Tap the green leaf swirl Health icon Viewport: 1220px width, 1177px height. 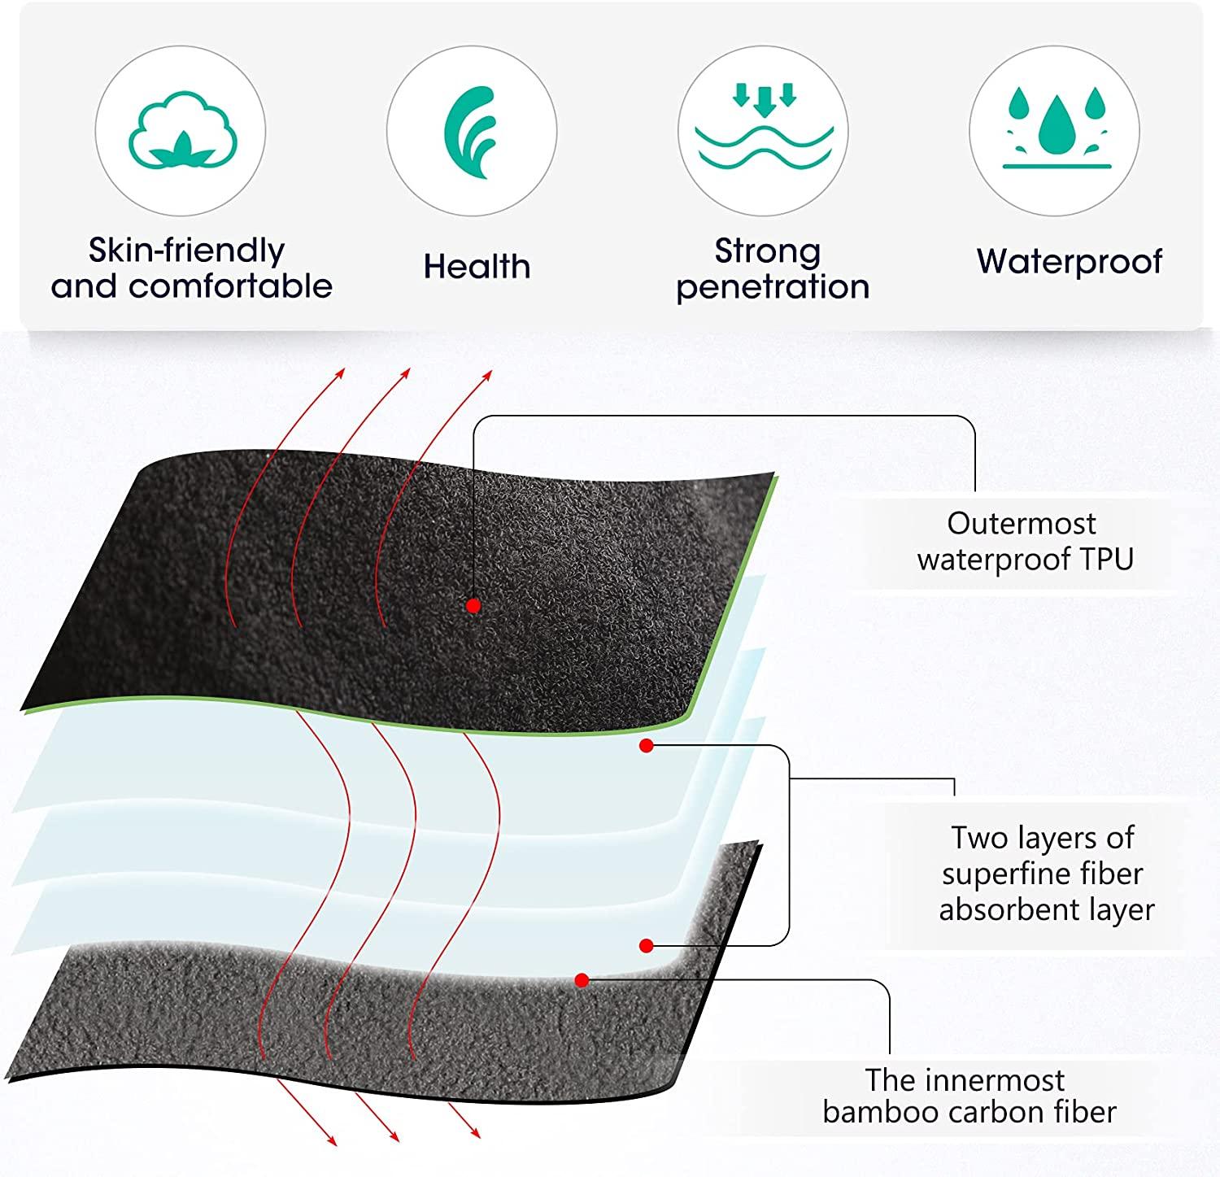pos(471,131)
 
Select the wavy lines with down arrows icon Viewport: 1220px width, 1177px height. pos(763,130)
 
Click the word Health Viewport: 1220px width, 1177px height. pos(477,267)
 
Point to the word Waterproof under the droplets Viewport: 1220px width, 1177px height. pos(1070,262)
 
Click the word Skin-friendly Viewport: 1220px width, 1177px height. pos(186,251)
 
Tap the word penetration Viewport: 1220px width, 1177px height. pos(773,286)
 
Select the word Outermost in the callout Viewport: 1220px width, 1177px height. pos(1022,523)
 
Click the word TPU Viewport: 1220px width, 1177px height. pos(1106,560)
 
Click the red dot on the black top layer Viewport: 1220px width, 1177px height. pos(473,605)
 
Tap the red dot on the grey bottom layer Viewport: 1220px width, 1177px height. pos(582,980)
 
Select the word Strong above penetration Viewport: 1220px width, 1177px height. pos(768,251)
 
